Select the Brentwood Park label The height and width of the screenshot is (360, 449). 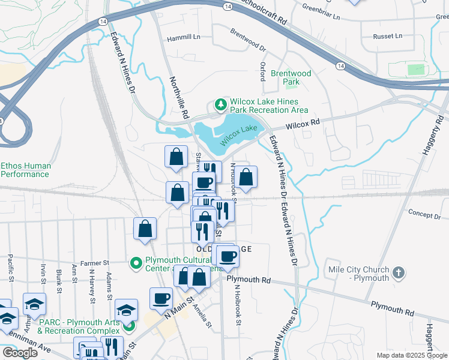291,77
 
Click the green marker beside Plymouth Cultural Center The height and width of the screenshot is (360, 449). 136,262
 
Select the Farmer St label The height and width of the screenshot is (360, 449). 94,263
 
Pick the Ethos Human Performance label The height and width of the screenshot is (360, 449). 25,170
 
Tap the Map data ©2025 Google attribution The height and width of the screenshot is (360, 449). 412,355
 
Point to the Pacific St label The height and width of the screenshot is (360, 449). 11,268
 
